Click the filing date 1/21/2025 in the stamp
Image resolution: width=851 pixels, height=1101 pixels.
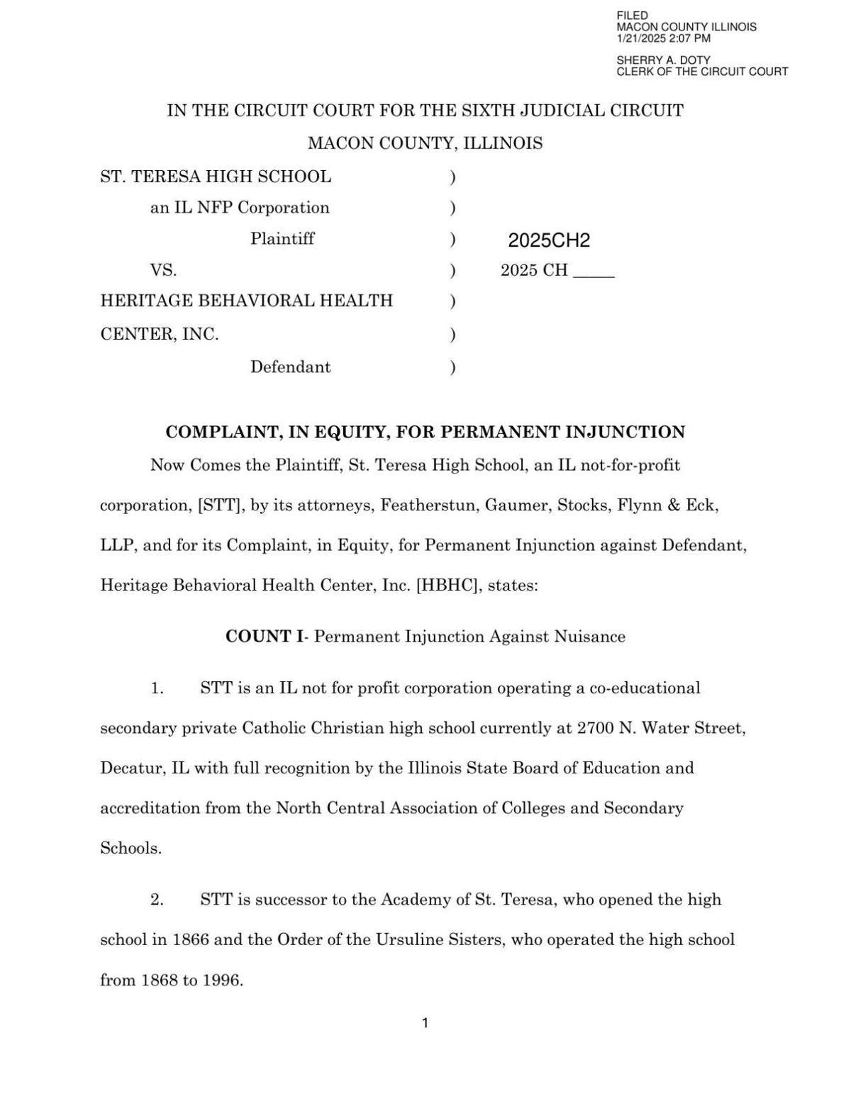[641, 38]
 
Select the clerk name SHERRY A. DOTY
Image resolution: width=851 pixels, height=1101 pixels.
[662, 60]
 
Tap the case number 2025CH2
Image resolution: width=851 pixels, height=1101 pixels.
[548, 240]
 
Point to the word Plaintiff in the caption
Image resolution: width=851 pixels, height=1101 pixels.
[282, 239]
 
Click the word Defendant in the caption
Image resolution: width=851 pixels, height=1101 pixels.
[290, 367]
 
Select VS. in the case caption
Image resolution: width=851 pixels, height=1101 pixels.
[163, 270]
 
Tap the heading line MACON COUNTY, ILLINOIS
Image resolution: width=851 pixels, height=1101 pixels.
[425, 143]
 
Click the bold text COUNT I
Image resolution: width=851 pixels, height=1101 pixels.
[263, 637]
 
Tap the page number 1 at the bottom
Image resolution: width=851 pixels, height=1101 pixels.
[425, 1023]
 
